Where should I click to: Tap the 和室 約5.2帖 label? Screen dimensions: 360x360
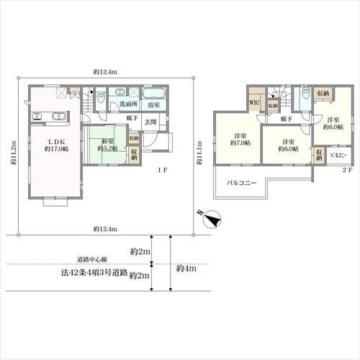pos(107,145)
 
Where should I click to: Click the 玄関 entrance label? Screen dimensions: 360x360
pos(151,122)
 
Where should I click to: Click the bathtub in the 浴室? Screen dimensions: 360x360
pos(154,94)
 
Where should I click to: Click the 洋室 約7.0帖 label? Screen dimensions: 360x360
pos(241,140)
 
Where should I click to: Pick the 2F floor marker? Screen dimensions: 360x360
pos(346,170)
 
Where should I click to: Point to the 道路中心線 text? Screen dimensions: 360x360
pos(91,258)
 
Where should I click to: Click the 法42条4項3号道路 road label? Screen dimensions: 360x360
pos(94,274)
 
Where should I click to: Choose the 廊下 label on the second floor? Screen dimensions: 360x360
pos(286,117)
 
